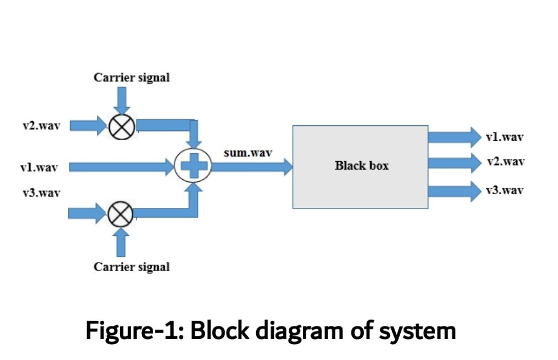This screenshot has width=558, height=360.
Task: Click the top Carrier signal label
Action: coord(132,78)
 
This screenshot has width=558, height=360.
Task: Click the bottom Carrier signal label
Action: coord(132,267)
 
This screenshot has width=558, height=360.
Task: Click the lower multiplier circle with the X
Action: coord(120,214)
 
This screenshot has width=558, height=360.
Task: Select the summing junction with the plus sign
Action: coord(193,166)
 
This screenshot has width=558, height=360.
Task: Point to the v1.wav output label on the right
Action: coord(505,137)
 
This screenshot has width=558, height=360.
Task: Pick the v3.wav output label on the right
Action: coord(504,190)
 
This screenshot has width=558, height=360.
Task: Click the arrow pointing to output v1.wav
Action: coord(454,137)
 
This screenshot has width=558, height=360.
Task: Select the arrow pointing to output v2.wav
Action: coord(454,163)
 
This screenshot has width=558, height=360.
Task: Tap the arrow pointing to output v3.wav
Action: coord(454,190)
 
